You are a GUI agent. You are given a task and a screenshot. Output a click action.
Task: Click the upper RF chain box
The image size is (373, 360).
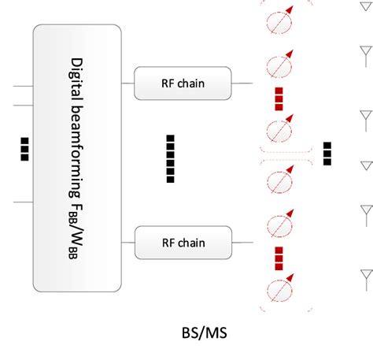pos(183,83)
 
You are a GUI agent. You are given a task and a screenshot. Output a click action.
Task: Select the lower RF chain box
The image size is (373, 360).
pos(183,242)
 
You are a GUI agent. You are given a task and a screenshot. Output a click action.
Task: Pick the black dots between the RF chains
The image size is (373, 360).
pos(171,158)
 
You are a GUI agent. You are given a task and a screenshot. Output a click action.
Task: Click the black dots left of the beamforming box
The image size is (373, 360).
pos(24,149)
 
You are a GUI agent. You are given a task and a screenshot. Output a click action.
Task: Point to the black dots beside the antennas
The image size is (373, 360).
pos(327,153)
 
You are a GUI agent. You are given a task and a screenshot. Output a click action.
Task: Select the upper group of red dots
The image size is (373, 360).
pos(279,98)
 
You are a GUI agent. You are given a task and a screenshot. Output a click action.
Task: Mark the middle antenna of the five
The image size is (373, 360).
pos(365,166)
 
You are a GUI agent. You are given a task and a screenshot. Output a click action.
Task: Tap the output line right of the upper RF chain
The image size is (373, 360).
pos(242,83)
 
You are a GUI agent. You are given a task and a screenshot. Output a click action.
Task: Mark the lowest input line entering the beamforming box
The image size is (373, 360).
pos(22,202)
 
